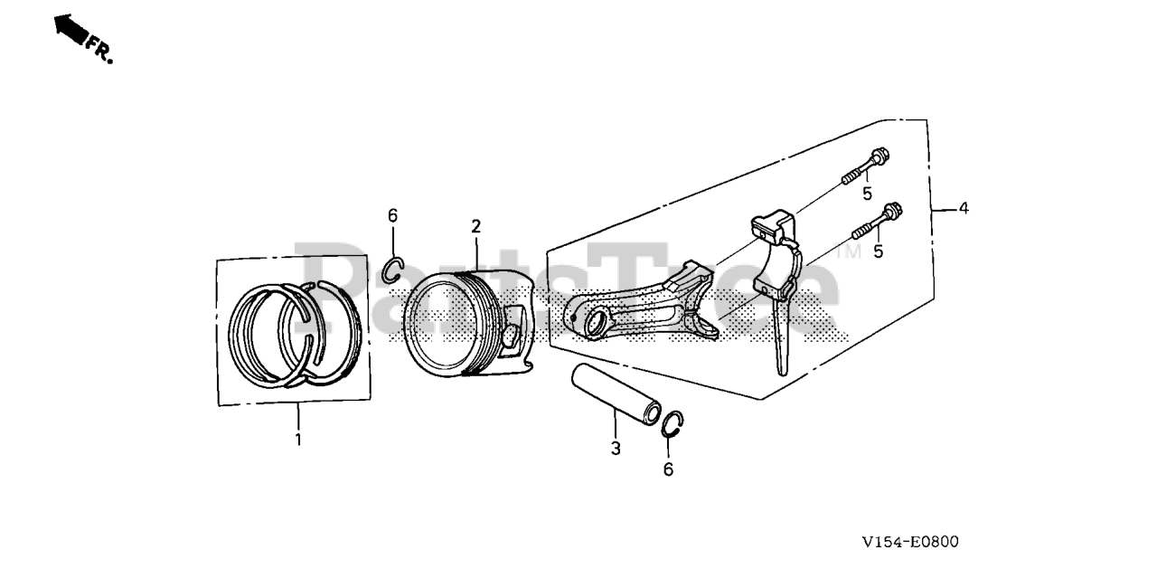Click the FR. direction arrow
pyautogui.click(x=72, y=30)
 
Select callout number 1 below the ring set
pyautogui.click(x=297, y=440)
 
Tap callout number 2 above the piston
pyautogui.click(x=475, y=225)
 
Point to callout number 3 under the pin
pyautogui.click(x=615, y=448)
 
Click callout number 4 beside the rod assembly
pyautogui.click(x=964, y=208)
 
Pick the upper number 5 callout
pyautogui.click(x=866, y=194)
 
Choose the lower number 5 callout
pyautogui.click(x=877, y=251)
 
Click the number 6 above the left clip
pyautogui.click(x=392, y=215)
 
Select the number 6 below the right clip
pyautogui.click(x=668, y=469)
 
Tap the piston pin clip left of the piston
pyautogui.click(x=391, y=270)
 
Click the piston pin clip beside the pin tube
pyautogui.click(x=672, y=422)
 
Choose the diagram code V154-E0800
pyautogui.click(x=910, y=542)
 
